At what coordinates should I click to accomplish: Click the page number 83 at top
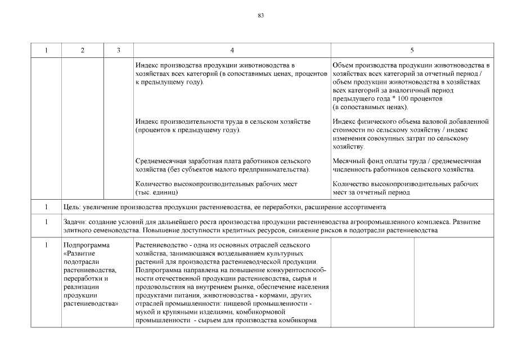tap(260, 15)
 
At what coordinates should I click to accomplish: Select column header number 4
tap(232, 51)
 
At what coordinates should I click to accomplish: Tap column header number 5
tap(412, 51)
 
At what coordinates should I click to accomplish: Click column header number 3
tap(119, 51)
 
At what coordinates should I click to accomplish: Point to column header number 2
tap(83, 51)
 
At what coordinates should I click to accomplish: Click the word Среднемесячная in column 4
tap(163, 161)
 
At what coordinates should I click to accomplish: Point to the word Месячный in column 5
tap(349, 161)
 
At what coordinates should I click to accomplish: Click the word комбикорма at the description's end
tap(299, 321)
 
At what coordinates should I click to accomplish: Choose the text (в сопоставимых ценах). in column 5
tap(370, 106)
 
